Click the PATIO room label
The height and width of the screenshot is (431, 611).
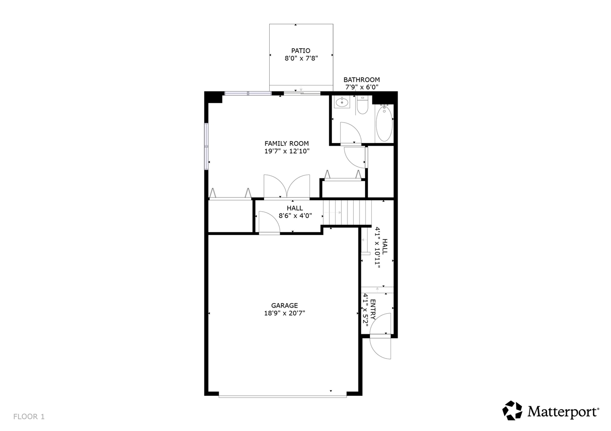pyautogui.click(x=301, y=51)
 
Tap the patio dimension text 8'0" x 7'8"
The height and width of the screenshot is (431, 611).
pyautogui.click(x=301, y=58)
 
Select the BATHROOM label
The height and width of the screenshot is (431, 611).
pyautogui.click(x=361, y=80)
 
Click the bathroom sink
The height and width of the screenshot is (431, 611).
pyautogui.click(x=342, y=102)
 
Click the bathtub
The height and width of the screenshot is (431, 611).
pyautogui.click(x=384, y=123)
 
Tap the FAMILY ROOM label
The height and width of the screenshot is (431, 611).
pyautogui.click(x=286, y=144)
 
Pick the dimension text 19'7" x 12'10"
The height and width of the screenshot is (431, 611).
pyautogui.click(x=287, y=151)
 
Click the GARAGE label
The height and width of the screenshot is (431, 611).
pyautogui.click(x=284, y=306)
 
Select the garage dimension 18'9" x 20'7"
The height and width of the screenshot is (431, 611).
pyautogui.click(x=284, y=313)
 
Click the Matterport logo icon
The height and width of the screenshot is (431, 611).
pyautogui.click(x=512, y=410)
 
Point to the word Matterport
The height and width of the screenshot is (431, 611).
pyautogui.click(x=563, y=411)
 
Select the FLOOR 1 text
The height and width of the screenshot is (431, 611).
pyautogui.click(x=29, y=417)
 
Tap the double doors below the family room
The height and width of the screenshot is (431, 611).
pyautogui.click(x=287, y=186)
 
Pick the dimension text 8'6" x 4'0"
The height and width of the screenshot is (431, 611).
pyautogui.click(x=295, y=215)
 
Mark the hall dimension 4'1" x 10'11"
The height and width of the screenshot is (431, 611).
pyautogui.click(x=377, y=248)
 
